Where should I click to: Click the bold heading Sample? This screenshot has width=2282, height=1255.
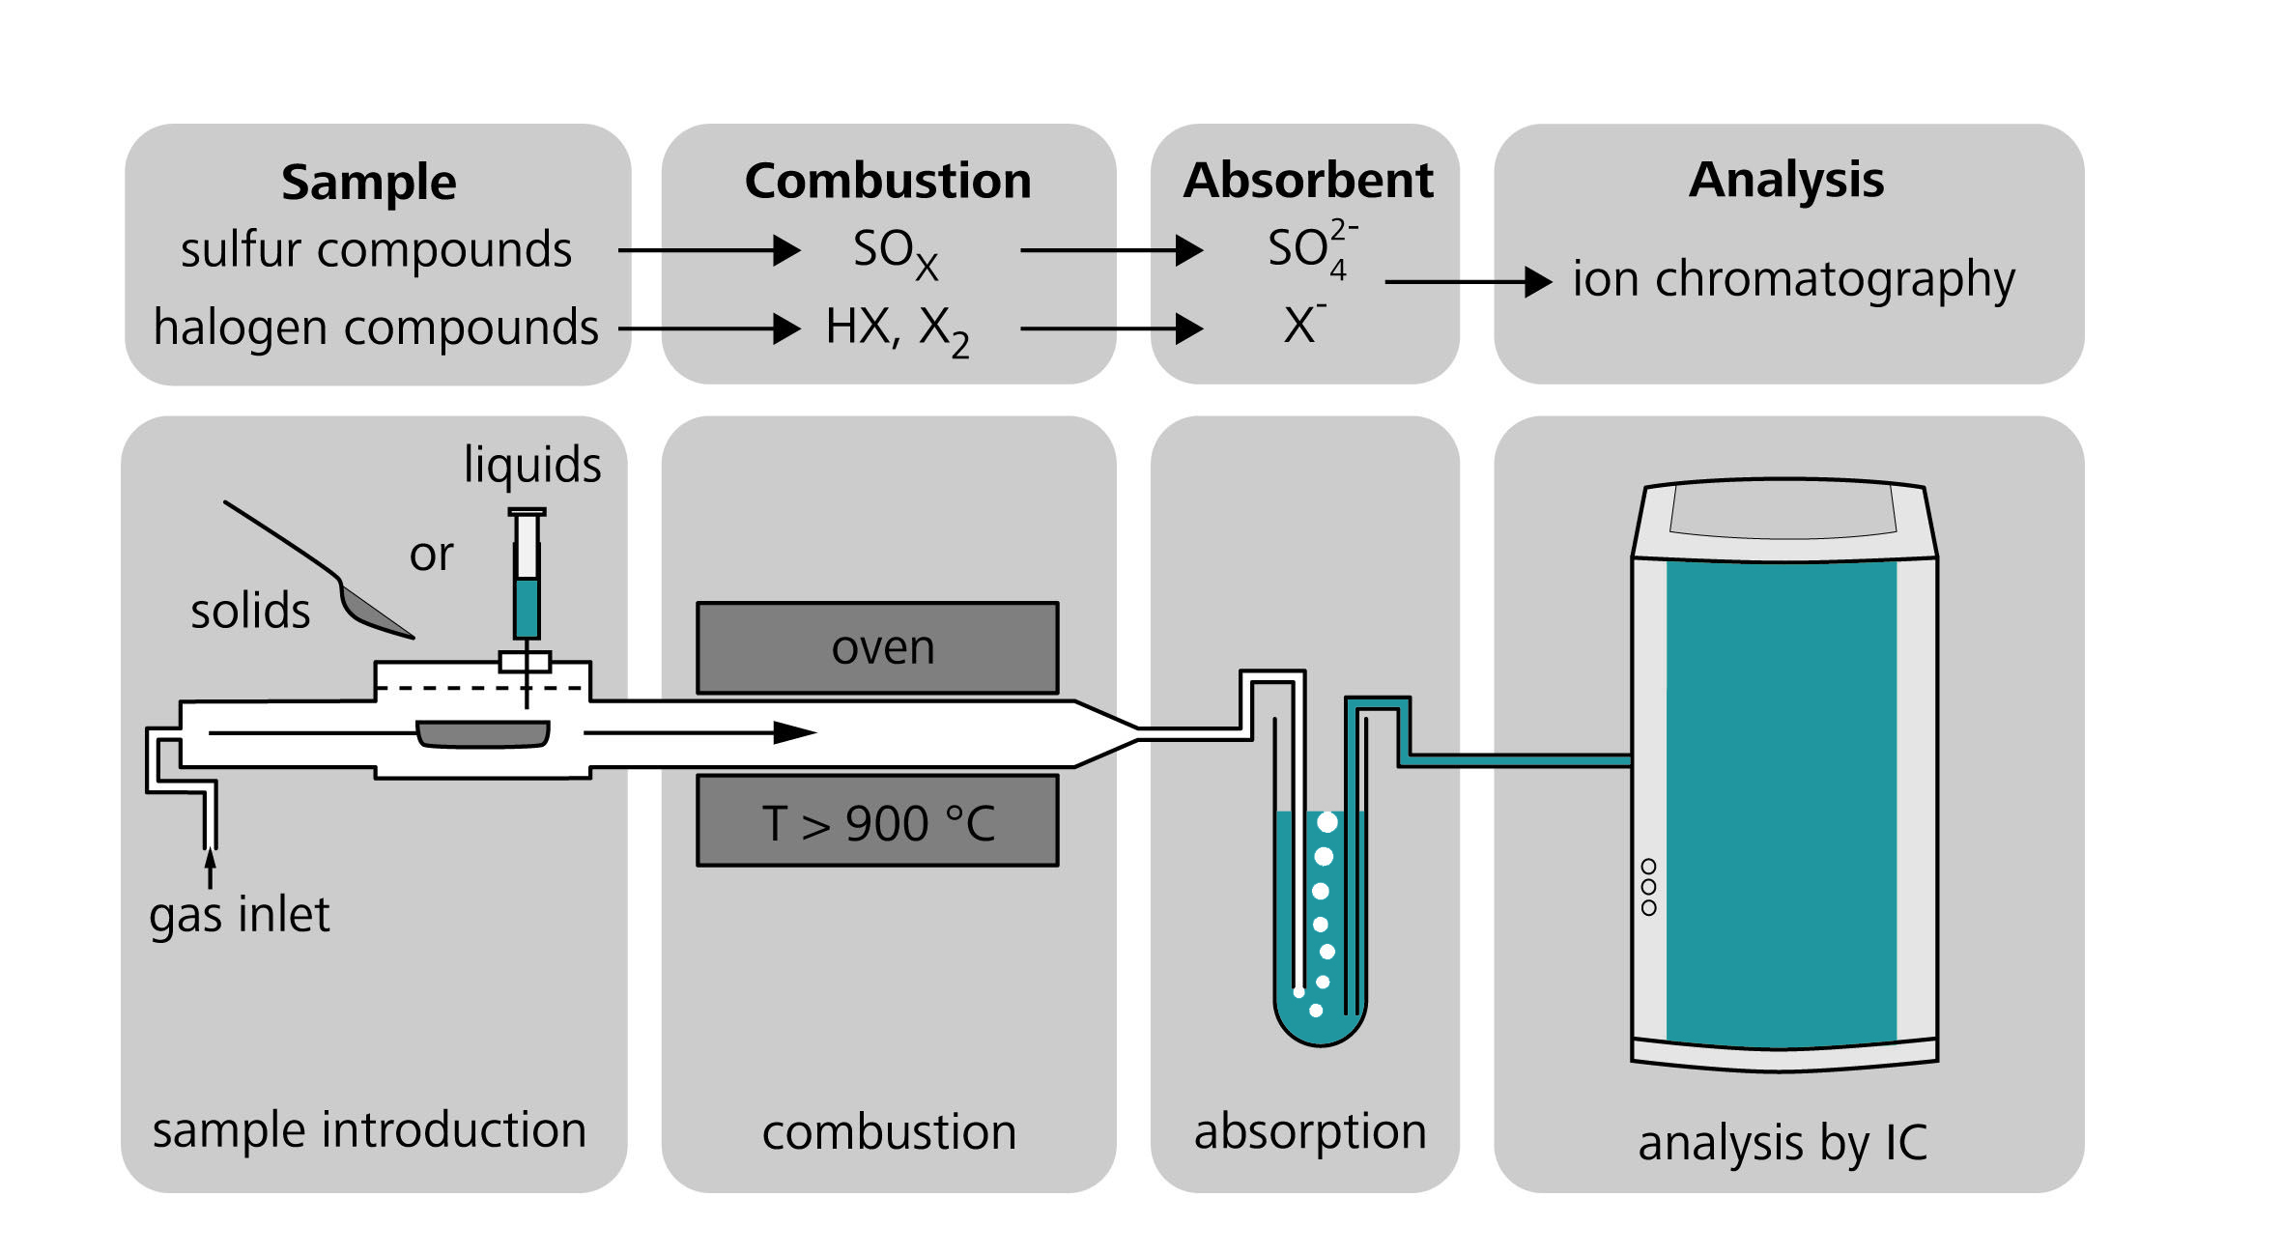coord(368,183)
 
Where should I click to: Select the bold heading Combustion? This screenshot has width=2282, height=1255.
coord(887,181)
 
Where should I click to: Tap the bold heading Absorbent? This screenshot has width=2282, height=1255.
coord(1307,180)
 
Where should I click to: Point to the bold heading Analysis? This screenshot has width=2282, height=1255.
coord(1785,180)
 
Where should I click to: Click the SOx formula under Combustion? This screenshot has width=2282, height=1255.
coord(895,252)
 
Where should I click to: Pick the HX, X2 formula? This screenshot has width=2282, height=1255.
coord(897,329)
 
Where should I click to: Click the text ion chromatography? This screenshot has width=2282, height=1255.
coord(1793,280)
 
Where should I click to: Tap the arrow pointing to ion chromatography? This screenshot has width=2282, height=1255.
coord(1468,281)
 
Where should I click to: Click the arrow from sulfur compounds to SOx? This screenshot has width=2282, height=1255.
coord(709,250)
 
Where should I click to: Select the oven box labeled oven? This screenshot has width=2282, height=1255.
coord(877,647)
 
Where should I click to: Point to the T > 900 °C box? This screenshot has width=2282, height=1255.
coord(877,822)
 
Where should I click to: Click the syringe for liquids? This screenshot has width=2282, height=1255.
coord(527,580)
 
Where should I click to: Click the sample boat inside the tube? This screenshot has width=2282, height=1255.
coord(483,734)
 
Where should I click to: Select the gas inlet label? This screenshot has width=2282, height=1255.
coord(239,914)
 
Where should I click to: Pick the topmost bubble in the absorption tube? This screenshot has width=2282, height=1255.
coord(1327,822)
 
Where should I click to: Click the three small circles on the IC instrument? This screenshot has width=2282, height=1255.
coord(1648,887)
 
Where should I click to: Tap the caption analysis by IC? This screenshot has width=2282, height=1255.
coord(1782,1143)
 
